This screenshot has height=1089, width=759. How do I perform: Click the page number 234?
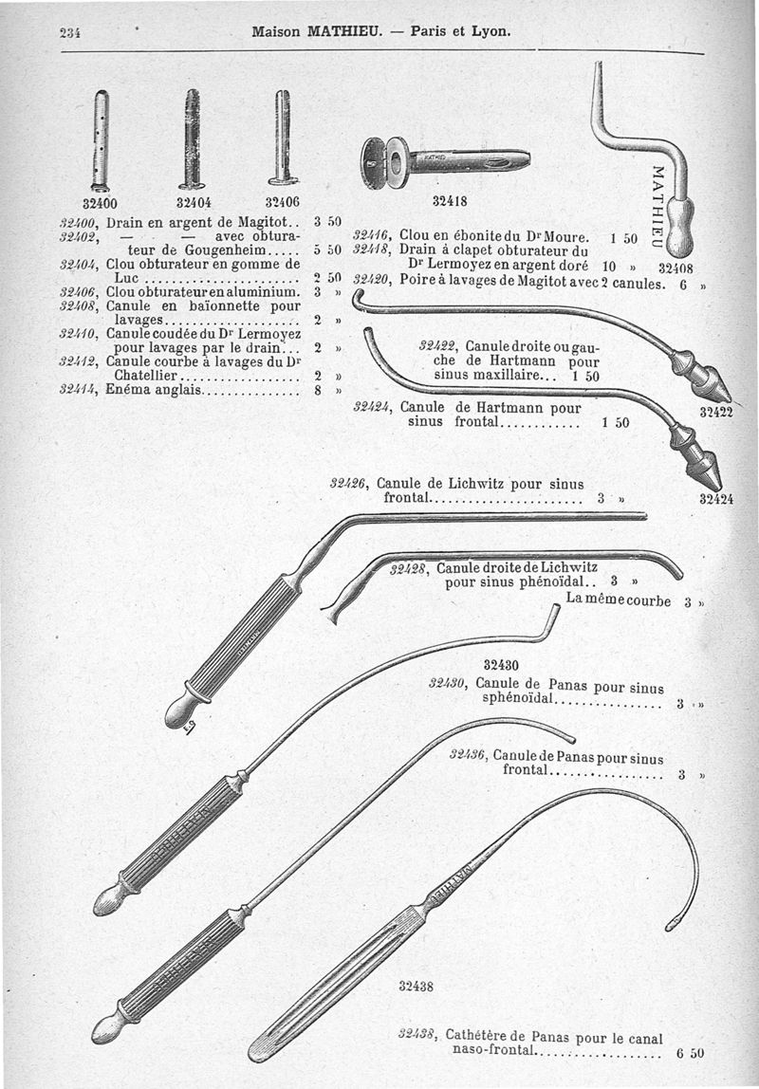click(x=69, y=31)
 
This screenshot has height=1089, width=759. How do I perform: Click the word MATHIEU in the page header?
click(x=343, y=31)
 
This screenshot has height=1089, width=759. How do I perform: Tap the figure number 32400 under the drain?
click(x=101, y=201)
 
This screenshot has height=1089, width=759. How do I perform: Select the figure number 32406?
click(x=282, y=201)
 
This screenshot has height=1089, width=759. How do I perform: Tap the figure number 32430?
click(x=501, y=664)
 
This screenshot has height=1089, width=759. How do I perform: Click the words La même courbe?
click(x=619, y=600)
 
